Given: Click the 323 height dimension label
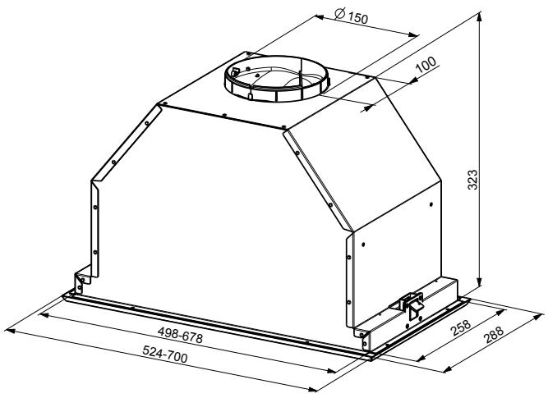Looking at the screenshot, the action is tap(472, 180).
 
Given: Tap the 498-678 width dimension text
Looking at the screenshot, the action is tap(180, 335).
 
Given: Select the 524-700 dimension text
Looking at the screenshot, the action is tap(165, 354).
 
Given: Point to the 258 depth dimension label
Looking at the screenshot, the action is tap(461, 327).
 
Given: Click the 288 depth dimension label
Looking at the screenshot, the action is tap(493, 334).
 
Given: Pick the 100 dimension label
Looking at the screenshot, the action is tap(426, 64).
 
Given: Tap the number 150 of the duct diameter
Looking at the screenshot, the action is tap(358, 18).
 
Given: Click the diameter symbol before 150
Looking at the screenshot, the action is tap(339, 13).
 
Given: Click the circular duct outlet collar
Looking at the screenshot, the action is tap(276, 79).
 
